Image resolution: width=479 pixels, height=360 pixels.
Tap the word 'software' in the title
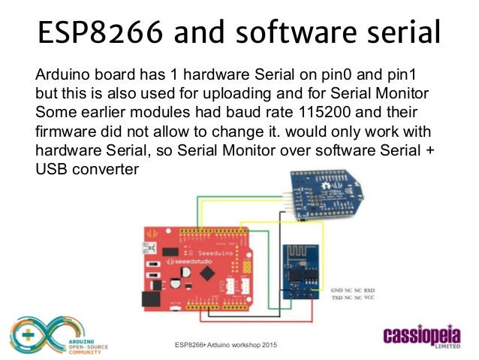coord(289,33)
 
